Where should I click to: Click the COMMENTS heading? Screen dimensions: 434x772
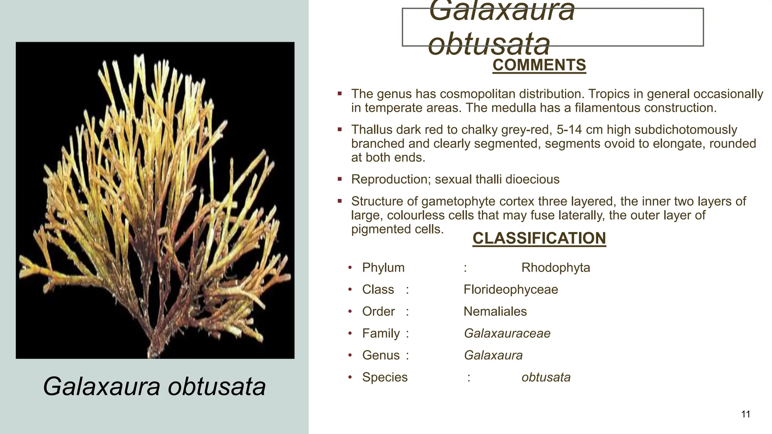[539, 65]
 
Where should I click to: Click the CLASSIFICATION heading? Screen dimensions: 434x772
[539, 238]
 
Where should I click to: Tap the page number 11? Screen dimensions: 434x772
[745, 414]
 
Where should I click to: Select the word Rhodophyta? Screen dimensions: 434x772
[556, 268]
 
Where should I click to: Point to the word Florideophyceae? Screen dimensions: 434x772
[510, 290]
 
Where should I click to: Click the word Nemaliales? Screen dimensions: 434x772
[495, 312]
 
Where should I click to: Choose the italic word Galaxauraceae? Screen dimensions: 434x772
[507, 333]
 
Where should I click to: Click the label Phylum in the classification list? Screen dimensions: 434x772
[383, 268]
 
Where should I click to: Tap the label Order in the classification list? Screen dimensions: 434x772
[378, 312]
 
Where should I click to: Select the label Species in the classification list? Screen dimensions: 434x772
[384, 377]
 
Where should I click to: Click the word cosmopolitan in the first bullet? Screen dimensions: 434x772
[479, 94]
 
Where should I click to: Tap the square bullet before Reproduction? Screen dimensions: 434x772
[340, 179]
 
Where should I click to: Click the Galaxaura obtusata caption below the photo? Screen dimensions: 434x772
[154, 387]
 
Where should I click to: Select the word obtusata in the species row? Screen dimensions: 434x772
[546, 377]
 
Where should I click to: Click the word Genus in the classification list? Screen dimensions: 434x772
[380, 355]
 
